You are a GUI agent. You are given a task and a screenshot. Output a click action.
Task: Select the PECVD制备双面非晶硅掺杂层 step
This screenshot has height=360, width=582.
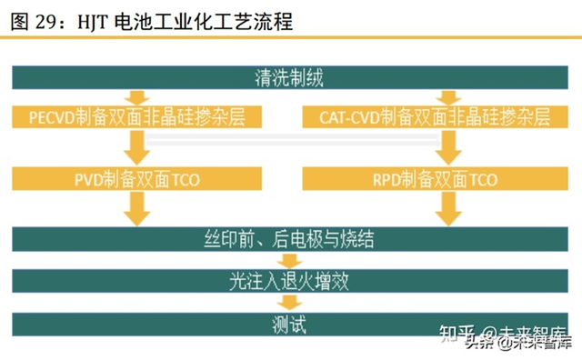tap(136, 117)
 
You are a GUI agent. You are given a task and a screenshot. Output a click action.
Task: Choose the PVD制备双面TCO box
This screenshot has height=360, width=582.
tap(136, 179)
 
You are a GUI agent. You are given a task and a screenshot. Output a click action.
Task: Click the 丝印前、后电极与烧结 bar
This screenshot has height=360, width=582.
tap(290, 240)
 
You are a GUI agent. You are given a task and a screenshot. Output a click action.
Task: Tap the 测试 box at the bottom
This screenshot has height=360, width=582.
tap(290, 322)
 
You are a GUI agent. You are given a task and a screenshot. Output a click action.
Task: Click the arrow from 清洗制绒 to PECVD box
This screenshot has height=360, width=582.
tap(136, 96)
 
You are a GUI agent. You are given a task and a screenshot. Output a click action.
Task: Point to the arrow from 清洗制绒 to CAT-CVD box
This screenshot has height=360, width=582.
tap(447, 96)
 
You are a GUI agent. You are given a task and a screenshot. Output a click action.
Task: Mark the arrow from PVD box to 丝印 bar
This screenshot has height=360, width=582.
tap(136, 209)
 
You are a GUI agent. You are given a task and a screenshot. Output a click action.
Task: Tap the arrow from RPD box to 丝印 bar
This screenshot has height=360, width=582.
tap(447, 209)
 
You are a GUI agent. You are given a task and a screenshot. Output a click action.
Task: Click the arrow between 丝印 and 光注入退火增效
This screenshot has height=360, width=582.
tap(290, 261)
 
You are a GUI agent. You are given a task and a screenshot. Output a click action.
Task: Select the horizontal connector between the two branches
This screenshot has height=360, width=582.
tap(291, 139)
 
